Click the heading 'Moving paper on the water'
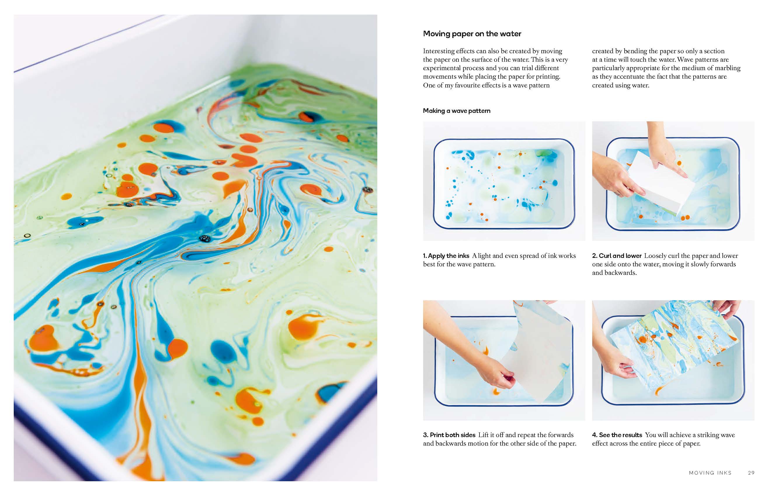[x=472, y=34]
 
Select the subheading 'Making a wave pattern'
[x=457, y=111]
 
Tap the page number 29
[x=751, y=473]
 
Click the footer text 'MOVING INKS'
[x=710, y=473]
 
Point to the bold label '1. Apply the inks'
[x=446, y=256]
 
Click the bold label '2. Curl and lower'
[x=616, y=256]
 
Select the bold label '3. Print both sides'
[x=449, y=435]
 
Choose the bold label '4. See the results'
[x=617, y=435]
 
